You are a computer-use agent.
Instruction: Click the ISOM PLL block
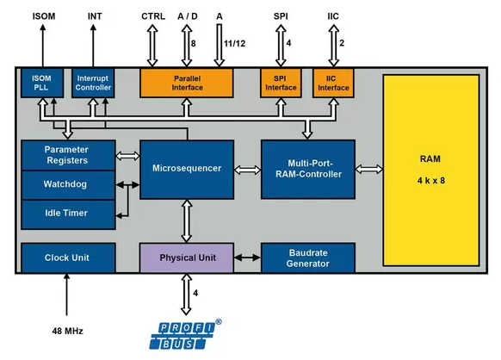coord(42,84)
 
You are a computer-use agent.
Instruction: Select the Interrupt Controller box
coord(93,84)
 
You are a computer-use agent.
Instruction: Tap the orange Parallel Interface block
coord(187,84)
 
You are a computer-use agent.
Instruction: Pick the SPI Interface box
coord(281,84)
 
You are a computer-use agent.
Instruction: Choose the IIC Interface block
coord(333,84)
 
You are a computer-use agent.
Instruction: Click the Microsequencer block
coord(187,170)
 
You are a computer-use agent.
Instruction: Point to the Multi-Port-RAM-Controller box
coord(308,170)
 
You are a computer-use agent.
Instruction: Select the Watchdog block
coord(68,185)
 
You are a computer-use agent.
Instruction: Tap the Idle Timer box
coord(68,214)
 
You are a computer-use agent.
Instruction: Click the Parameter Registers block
coord(68,155)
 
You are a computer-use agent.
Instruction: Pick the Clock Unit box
coord(68,258)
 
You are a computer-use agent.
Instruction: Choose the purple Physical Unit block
coord(187,258)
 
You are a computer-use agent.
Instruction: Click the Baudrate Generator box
coord(308,258)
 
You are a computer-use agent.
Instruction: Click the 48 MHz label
coord(67,331)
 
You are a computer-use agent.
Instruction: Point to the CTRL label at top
coord(153,16)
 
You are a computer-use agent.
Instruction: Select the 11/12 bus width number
coord(234,43)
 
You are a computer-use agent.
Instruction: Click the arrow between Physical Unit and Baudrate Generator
coord(247,258)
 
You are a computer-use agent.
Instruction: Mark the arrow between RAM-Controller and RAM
coord(369,169)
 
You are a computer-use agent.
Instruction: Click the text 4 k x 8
coord(431,181)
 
